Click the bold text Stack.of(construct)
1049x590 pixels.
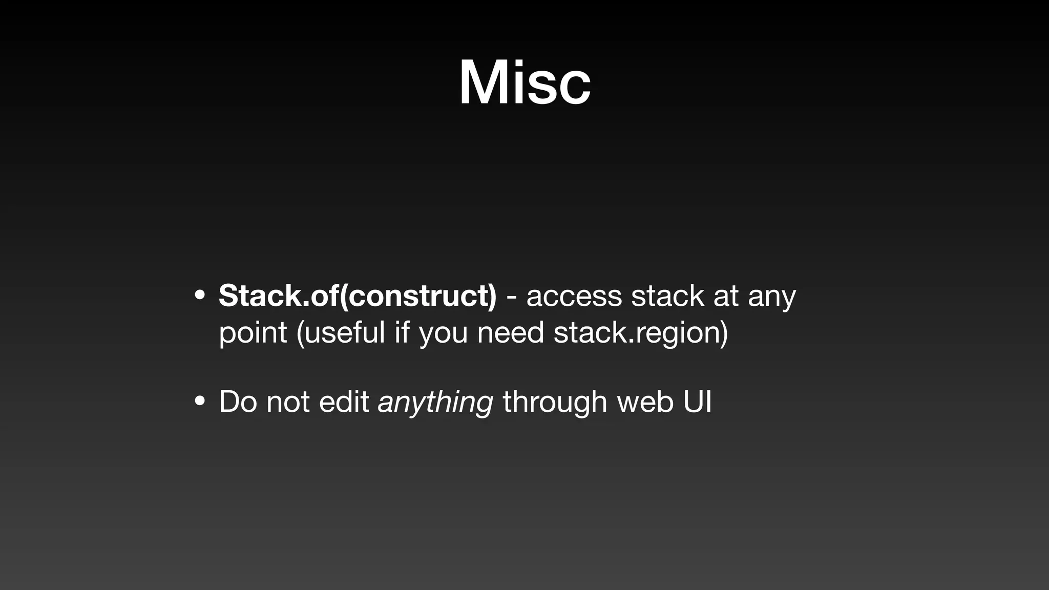click(x=358, y=296)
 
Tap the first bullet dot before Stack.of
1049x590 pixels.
click(x=200, y=296)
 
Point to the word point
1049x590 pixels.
click(x=253, y=333)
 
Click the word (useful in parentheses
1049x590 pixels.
click(x=340, y=333)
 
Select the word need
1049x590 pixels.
click(x=510, y=333)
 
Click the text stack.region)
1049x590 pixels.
click(x=640, y=333)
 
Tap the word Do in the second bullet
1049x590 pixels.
click(x=238, y=402)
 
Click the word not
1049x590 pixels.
click(x=287, y=402)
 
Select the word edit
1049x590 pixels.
click(x=344, y=402)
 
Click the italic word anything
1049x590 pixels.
click(x=435, y=403)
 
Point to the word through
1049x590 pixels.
click(x=555, y=403)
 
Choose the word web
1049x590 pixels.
click(x=645, y=402)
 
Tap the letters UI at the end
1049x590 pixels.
click(x=697, y=402)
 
